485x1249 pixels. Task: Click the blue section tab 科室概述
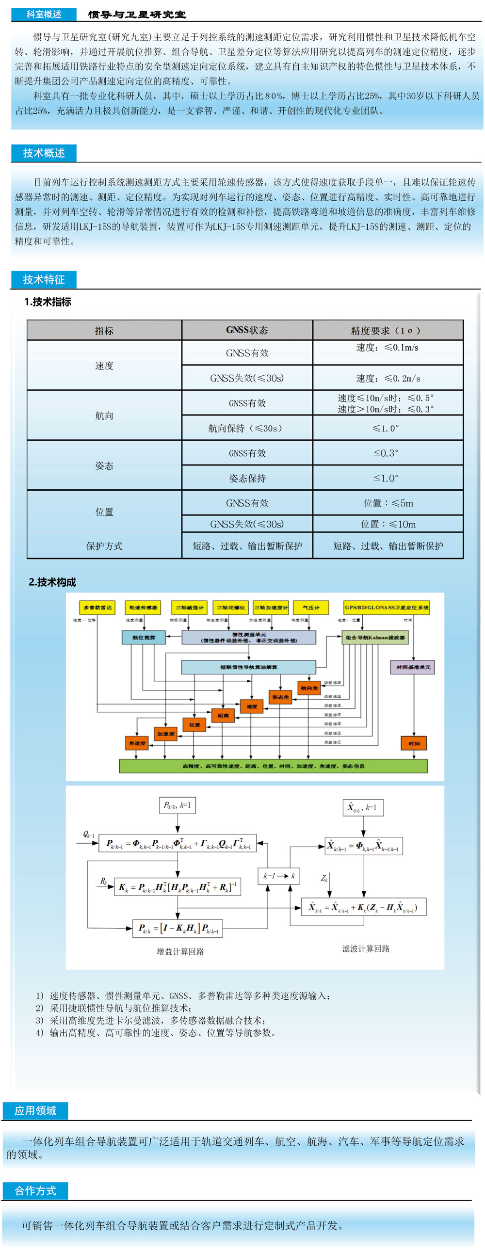point(44,14)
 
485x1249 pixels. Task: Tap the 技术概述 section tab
point(44,153)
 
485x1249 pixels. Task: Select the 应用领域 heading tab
point(35,1110)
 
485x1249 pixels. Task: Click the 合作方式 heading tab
point(35,1190)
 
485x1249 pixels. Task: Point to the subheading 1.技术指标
point(48,302)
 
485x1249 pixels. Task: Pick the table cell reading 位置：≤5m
point(388,503)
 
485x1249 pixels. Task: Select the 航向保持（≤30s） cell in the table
point(247,428)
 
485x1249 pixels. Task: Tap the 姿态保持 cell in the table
point(247,478)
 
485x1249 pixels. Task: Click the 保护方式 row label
point(104,546)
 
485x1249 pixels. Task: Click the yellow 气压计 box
point(311,608)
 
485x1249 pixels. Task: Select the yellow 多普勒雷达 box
point(97,608)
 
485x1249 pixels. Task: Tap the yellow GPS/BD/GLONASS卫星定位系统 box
point(387,608)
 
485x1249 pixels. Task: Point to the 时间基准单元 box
point(413,667)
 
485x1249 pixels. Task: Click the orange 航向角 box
point(309,688)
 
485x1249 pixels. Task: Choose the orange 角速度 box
point(137,743)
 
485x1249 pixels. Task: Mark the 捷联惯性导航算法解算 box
point(248,667)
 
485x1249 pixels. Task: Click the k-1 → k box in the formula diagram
point(279,876)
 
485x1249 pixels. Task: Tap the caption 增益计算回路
point(180,951)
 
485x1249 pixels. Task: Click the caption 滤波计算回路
point(366,948)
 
